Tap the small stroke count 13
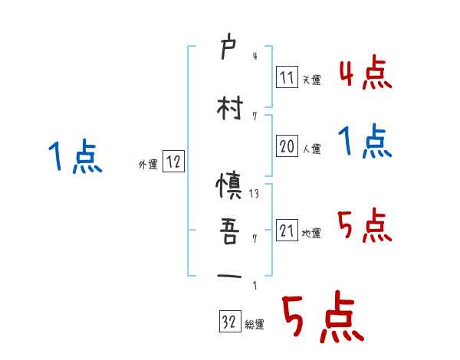(x=255, y=194)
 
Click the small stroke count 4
(x=255, y=55)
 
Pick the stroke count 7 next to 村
(x=255, y=116)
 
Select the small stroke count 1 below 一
(x=255, y=286)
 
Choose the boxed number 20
(x=286, y=146)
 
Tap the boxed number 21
(x=286, y=231)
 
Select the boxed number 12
(x=173, y=162)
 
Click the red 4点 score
(x=365, y=74)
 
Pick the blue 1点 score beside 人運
(x=365, y=142)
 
